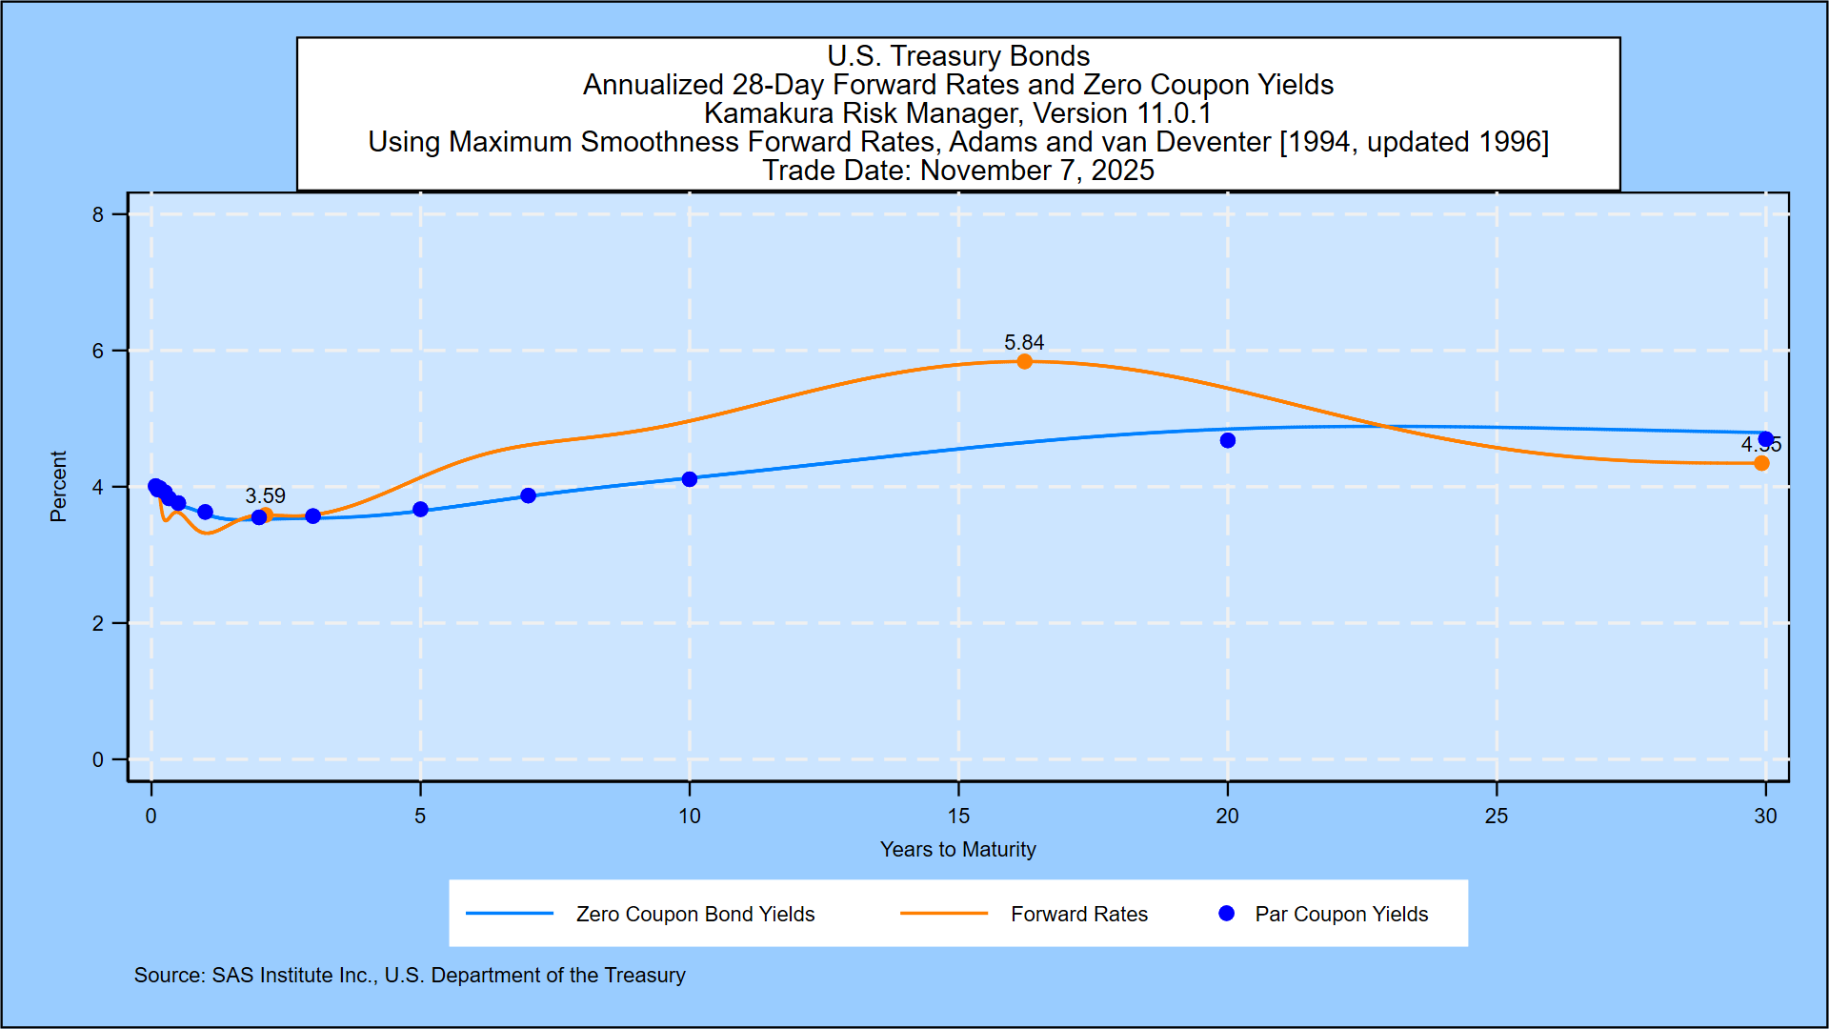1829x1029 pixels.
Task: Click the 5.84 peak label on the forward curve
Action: coord(1024,342)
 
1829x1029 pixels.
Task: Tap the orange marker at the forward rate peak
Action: coord(1024,362)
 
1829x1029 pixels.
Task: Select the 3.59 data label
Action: coord(265,495)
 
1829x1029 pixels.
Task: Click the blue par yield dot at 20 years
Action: coord(1228,440)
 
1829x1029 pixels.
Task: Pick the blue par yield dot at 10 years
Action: coord(690,479)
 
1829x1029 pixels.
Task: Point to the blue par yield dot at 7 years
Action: coord(529,495)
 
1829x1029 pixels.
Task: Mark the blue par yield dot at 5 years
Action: coord(420,510)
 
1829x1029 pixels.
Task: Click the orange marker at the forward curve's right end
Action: coord(1761,463)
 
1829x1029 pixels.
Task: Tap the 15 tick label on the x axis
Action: coord(958,816)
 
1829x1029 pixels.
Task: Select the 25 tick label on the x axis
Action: coord(1497,816)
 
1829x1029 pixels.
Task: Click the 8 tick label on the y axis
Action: coord(98,215)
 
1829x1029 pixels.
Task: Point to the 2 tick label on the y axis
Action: coord(98,624)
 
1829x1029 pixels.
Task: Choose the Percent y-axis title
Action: coord(58,487)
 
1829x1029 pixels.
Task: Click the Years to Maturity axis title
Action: coord(957,849)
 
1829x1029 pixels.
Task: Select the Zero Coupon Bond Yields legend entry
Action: coord(695,914)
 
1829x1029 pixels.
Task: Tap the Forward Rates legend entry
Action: coord(1078,914)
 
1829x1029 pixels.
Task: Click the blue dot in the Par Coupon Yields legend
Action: coord(1227,914)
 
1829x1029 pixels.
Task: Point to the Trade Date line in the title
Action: coord(957,171)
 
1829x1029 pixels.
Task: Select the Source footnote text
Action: coord(410,975)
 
